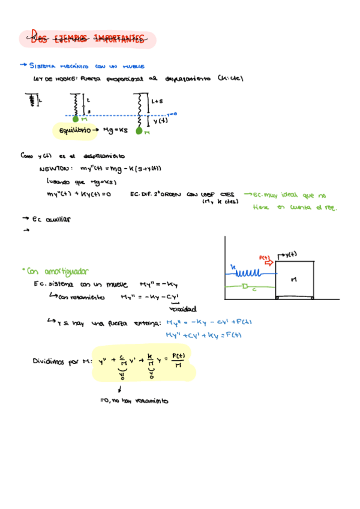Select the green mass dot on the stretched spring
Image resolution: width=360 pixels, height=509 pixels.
139,130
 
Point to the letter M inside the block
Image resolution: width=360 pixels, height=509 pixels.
294,280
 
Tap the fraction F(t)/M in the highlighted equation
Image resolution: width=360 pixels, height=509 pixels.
178,361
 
